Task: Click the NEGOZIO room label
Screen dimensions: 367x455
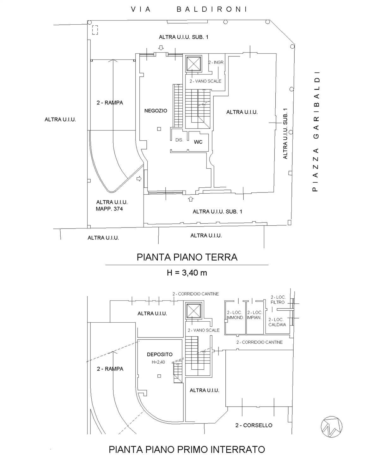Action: [156, 111]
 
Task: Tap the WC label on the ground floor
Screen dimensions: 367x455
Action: [198, 142]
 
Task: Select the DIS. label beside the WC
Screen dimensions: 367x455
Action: [179, 140]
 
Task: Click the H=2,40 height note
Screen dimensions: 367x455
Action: [158, 362]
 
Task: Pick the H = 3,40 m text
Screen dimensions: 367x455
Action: [187, 273]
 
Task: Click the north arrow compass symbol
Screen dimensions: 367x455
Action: [331, 427]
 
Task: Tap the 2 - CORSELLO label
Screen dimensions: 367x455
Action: [254, 425]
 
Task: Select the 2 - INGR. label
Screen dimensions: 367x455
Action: [216, 62]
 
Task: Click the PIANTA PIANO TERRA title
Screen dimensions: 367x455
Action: [187, 257]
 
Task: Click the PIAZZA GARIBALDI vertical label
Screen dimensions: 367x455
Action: [315, 131]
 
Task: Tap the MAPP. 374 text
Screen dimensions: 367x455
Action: [109, 209]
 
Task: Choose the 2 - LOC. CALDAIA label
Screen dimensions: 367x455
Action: [277, 322]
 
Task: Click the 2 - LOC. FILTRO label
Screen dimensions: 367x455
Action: [278, 300]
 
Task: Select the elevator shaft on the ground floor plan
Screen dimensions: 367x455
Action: [193, 63]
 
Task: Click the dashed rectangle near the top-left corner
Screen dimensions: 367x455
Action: [95, 30]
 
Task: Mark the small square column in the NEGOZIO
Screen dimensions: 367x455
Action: [159, 129]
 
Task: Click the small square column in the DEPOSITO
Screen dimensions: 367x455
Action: [159, 376]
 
